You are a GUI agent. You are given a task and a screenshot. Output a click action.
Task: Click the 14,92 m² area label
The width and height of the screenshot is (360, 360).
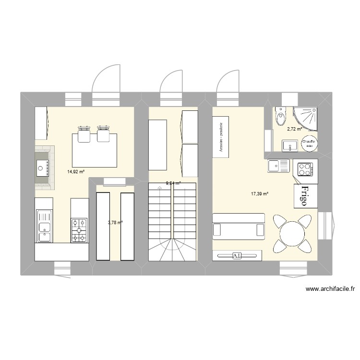tap(75, 171)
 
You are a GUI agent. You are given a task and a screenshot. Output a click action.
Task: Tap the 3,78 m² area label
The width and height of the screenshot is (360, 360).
tap(115, 222)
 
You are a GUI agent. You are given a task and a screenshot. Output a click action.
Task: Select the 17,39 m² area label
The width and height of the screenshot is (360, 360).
tap(259, 194)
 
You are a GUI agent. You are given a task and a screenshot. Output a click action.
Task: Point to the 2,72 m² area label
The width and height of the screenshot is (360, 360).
tap(294, 129)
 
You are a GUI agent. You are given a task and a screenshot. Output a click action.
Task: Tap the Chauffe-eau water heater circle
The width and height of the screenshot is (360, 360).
tap(308, 143)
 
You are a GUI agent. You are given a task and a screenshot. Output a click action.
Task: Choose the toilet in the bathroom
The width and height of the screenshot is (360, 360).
tap(280, 116)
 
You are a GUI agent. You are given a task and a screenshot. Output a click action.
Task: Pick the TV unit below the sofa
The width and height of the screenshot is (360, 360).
tap(237, 256)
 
